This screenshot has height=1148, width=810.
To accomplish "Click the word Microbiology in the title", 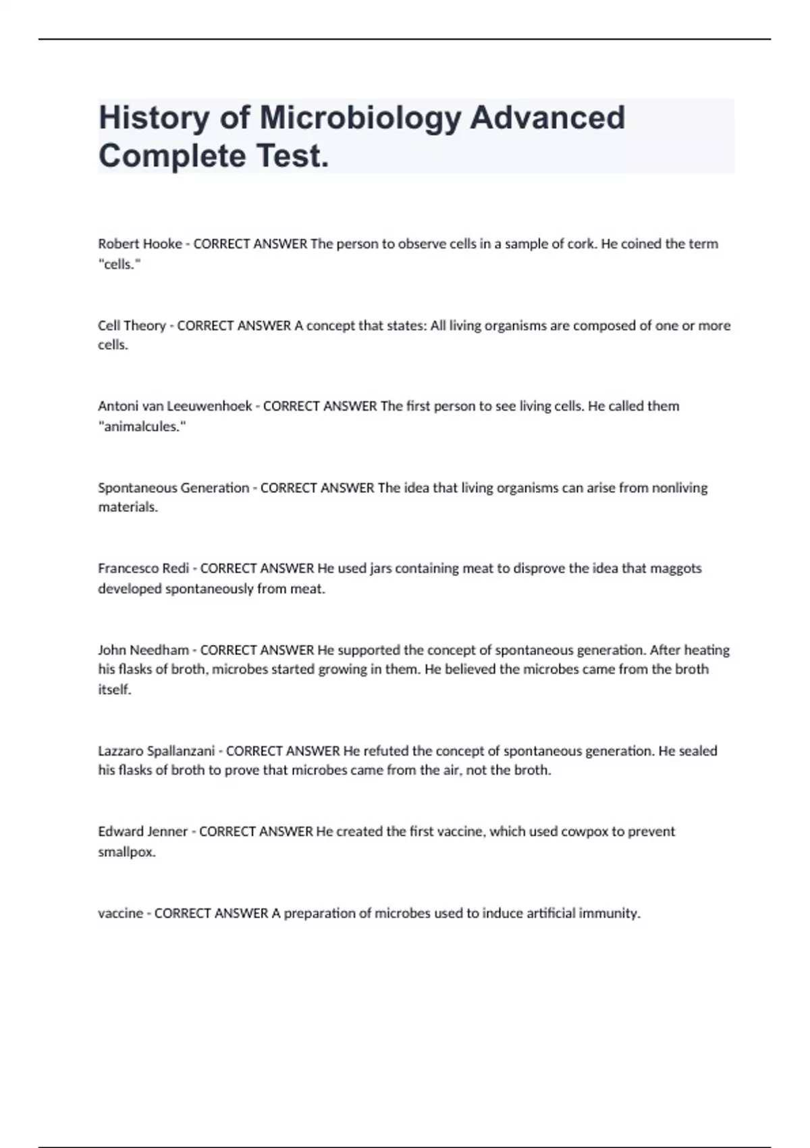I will (360, 118).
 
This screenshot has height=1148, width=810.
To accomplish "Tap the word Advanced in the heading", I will (547, 118).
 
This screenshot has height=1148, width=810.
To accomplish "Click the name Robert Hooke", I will (140, 244).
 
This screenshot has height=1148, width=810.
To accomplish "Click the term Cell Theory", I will (132, 325).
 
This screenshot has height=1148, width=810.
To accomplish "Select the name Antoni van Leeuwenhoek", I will (175, 407).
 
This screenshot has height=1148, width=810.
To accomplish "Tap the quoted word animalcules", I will (142, 427).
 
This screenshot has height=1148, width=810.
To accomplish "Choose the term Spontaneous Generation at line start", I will (173, 488).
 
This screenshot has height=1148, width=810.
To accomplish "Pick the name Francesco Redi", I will (143, 569).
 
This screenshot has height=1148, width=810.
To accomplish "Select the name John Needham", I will (143, 650).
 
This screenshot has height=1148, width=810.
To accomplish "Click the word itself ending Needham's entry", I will (114, 690).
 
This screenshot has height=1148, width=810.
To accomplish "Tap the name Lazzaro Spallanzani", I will (156, 751).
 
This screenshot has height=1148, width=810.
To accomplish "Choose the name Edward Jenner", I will (142, 832).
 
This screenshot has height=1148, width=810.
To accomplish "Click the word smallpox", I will (126, 852).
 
